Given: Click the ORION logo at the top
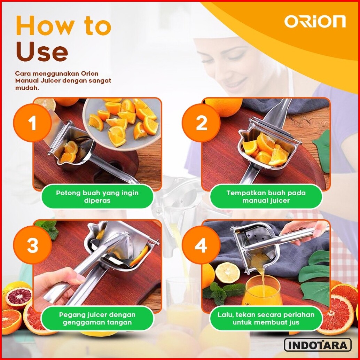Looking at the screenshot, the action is (x=315, y=21).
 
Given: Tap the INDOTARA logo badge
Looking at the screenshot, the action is (x=318, y=345).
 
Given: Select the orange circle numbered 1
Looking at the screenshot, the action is (x=32, y=123).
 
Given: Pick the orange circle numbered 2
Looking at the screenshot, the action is (x=201, y=123).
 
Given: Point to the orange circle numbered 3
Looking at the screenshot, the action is (x=32, y=245).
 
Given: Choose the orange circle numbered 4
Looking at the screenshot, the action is (x=201, y=245).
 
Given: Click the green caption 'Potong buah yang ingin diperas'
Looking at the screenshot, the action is (x=97, y=196).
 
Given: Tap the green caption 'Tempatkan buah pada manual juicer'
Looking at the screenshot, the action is (x=266, y=196).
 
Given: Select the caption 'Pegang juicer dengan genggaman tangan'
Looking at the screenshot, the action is (x=97, y=319).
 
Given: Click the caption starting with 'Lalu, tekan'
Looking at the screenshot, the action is (x=266, y=319).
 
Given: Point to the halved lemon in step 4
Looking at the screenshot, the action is (x=227, y=273).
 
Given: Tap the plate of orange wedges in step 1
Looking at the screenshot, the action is (x=122, y=124).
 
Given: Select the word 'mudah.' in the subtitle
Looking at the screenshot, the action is (x=27, y=88).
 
